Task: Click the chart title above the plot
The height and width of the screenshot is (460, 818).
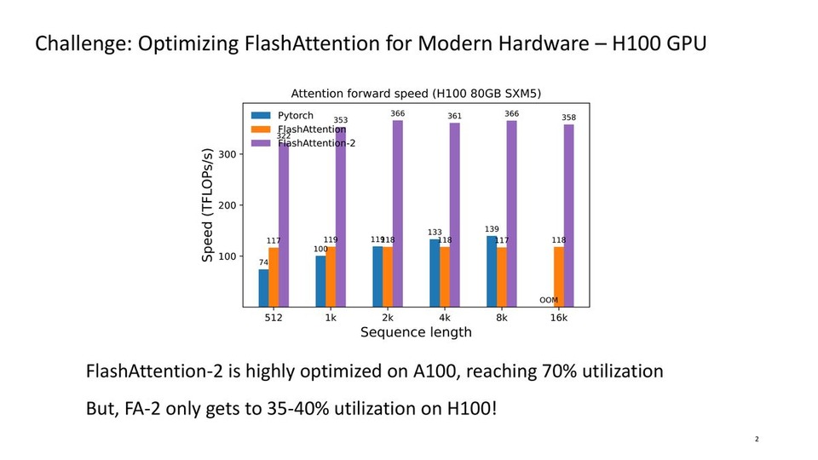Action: point(417,94)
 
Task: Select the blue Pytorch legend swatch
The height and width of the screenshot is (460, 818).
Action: point(261,115)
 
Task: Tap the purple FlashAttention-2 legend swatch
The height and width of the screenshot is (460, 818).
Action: point(261,142)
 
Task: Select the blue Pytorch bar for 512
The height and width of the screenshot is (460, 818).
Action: point(263,288)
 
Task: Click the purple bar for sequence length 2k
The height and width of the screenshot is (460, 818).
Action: point(398,213)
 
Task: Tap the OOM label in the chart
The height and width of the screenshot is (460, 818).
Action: point(549,300)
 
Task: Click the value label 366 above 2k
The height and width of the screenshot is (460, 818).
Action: point(398,113)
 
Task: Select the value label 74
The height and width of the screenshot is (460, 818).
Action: point(263,262)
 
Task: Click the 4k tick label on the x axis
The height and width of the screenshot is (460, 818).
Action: point(445,318)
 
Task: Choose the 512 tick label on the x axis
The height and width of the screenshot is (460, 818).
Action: point(274,318)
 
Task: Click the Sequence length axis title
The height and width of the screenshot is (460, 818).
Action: point(416,332)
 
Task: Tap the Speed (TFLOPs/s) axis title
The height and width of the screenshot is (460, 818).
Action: point(207,205)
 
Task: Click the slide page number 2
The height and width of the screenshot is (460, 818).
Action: point(757,440)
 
